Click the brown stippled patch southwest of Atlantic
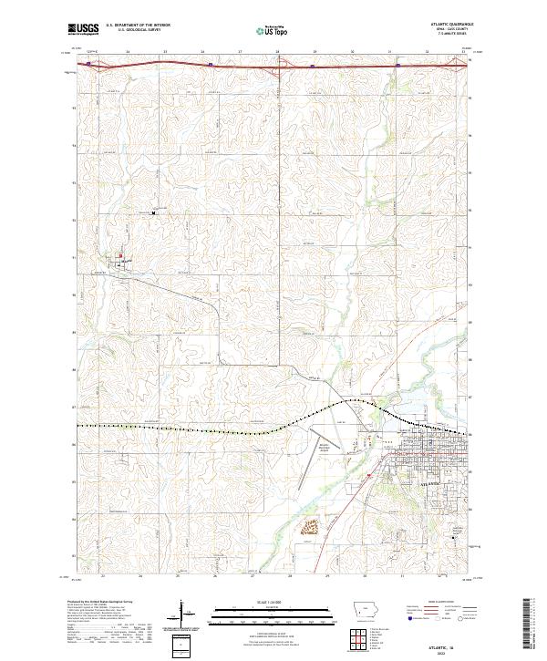tap(310, 526)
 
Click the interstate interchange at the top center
tap(277, 64)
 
